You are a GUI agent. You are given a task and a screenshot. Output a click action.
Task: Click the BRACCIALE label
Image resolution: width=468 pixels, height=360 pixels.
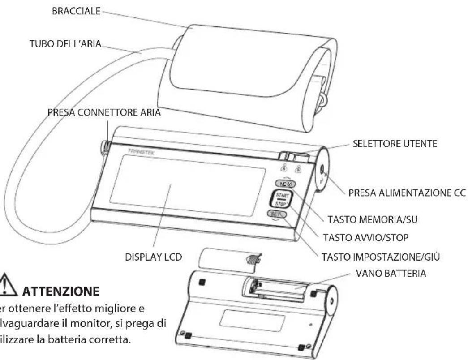77,9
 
